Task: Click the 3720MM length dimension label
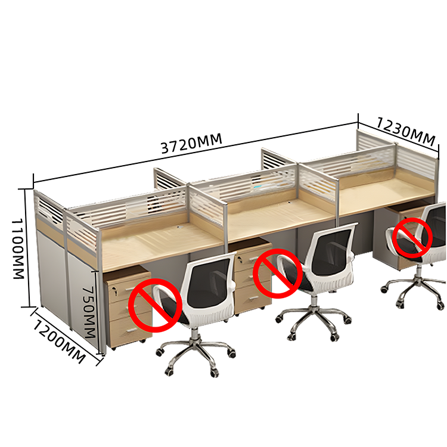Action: click(x=191, y=144)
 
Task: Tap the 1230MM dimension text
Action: click(x=406, y=132)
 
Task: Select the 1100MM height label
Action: click(x=18, y=249)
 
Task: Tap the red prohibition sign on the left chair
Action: click(x=156, y=305)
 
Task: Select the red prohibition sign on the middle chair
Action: click(x=278, y=274)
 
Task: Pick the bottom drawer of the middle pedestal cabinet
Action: click(x=252, y=299)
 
